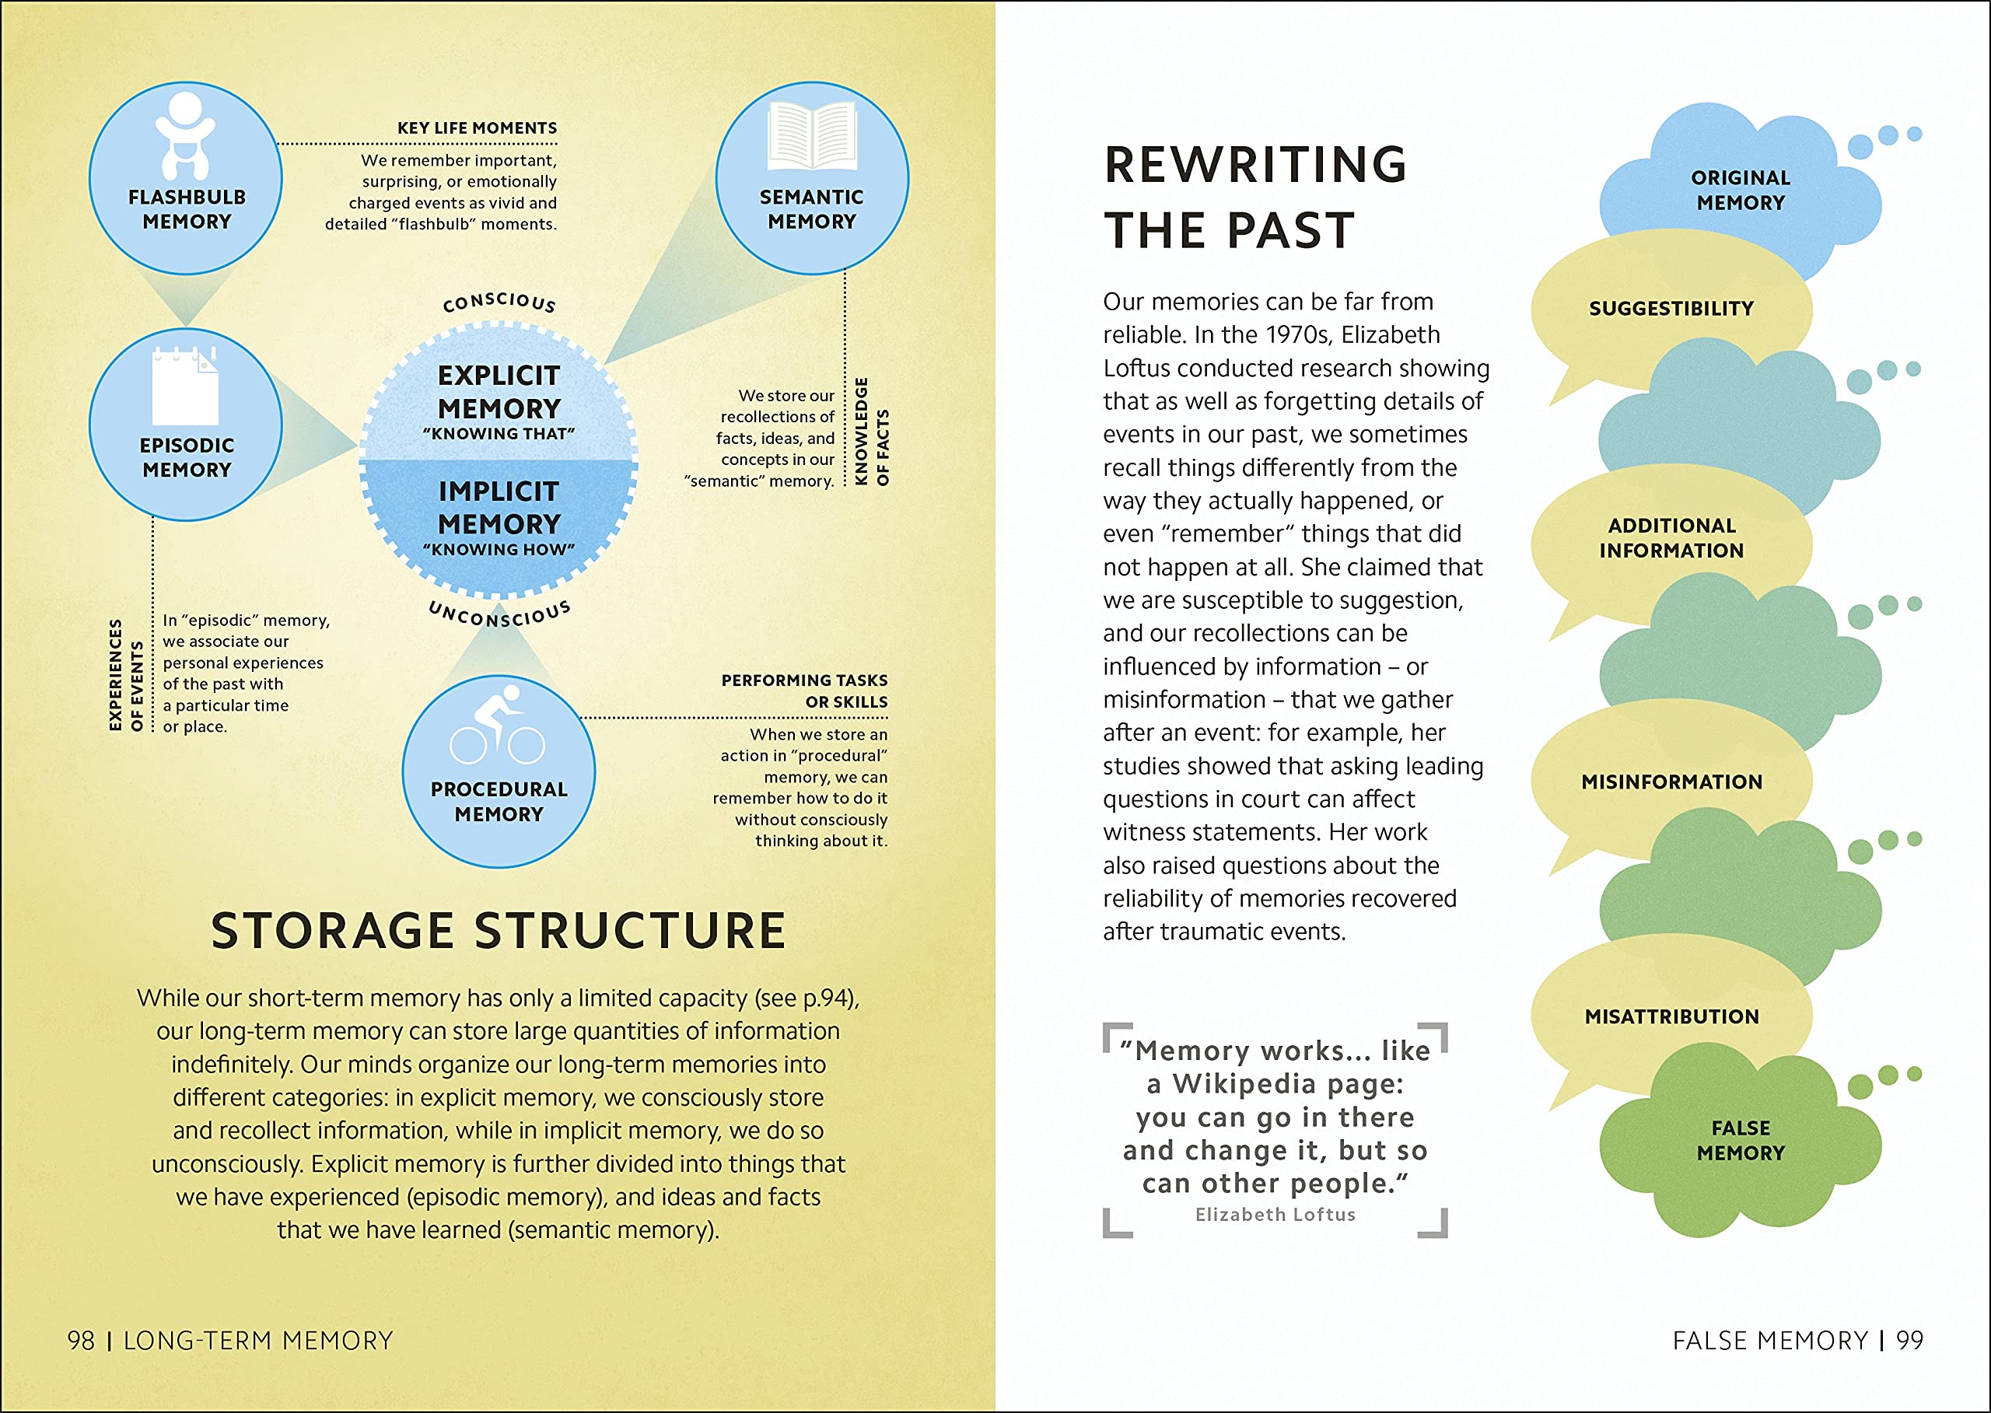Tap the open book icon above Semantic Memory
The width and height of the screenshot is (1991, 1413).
[812, 135]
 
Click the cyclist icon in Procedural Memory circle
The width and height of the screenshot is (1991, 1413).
[498, 724]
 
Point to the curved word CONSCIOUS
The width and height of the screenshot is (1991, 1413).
[499, 302]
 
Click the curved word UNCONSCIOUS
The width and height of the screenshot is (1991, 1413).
[499, 614]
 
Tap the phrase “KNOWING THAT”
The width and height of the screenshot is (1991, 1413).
[499, 433]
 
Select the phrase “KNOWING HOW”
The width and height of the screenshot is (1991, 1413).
[499, 549]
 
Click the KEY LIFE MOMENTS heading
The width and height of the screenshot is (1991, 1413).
[477, 128]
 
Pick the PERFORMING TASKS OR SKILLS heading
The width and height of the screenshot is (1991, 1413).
[804, 691]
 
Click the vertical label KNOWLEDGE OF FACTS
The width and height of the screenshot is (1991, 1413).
[872, 432]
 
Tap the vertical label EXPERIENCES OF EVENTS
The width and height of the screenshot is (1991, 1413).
[125, 674]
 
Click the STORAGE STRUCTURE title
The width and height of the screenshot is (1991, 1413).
[499, 930]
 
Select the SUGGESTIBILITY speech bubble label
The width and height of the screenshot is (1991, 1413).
[1671, 309]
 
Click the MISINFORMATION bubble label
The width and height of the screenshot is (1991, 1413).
[1671, 782]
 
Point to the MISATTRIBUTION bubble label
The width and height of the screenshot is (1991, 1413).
[1671, 1016]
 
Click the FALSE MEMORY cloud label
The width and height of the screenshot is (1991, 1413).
[1741, 1140]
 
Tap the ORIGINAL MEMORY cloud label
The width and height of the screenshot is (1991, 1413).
[1741, 190]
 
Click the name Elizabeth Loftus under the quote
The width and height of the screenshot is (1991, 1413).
[1275, 1215]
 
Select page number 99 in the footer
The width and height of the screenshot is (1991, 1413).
[1909, 1340]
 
